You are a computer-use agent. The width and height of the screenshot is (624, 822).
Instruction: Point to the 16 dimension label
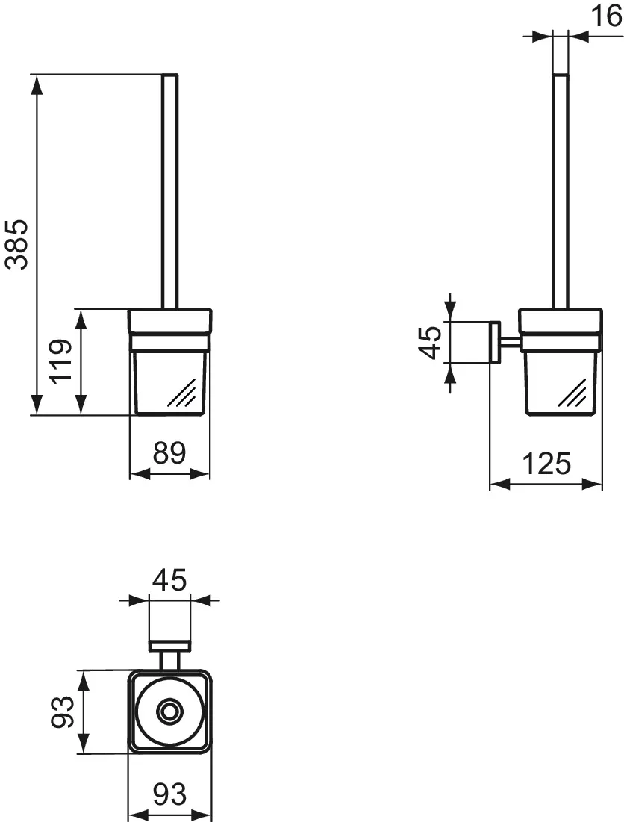pos(606,15)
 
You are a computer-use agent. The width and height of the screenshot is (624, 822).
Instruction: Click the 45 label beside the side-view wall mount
pos(430,343)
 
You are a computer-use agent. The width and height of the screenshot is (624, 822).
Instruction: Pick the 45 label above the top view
pos(169,579)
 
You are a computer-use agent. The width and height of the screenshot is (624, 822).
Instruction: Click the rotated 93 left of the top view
pos(63,712)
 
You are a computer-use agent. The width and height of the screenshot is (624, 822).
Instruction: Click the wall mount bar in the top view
pos(170,644)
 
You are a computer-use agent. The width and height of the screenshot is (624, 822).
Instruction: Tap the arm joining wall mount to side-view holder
pos(509,343)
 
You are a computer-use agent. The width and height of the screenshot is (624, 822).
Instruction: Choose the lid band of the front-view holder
pos(170,321)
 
